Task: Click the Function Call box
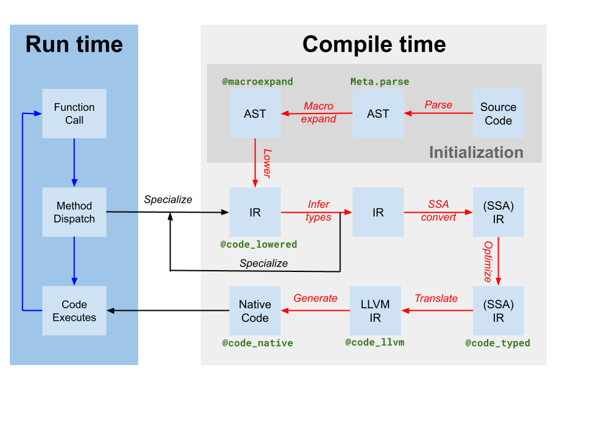pyautogui.click(x=74, y=113)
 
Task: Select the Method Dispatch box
pyautogui.click(x=74, y=212)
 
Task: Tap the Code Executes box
pyautogui.click(x=74, y=311)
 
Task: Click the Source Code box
pyautogui.click(x=498, y=113)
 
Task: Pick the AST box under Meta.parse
pyautogui.click(x=378, y=113)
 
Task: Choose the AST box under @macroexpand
pyautogui.click(x=255, y=113)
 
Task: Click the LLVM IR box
pyautogui.click(x=375, y=311)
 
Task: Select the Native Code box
pyautogui.click(x=255, y=311)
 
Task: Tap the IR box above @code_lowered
pyautogui.click(x=255, y=212)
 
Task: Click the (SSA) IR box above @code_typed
pyautogui.click(x=498, y=311)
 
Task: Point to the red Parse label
pyautogui.click(x=438, y=105)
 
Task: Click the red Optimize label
pyautogui.click(x=488, y=261)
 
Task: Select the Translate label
pyautogui.click(x=436, y=298)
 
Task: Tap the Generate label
pyautogui.click(x=315, y=298)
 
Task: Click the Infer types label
pyautogui.click(x=318, y=211)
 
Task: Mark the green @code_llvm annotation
pyautogui.click(x=375, y=342)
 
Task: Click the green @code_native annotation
pyautogui.click(x=257, y=343)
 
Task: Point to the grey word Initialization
pyautogui.click(x=476, y=152)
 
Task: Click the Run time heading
pyautogui.click(x=74, y=44)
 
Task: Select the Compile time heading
pyautogui.click(x=374, y=44)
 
